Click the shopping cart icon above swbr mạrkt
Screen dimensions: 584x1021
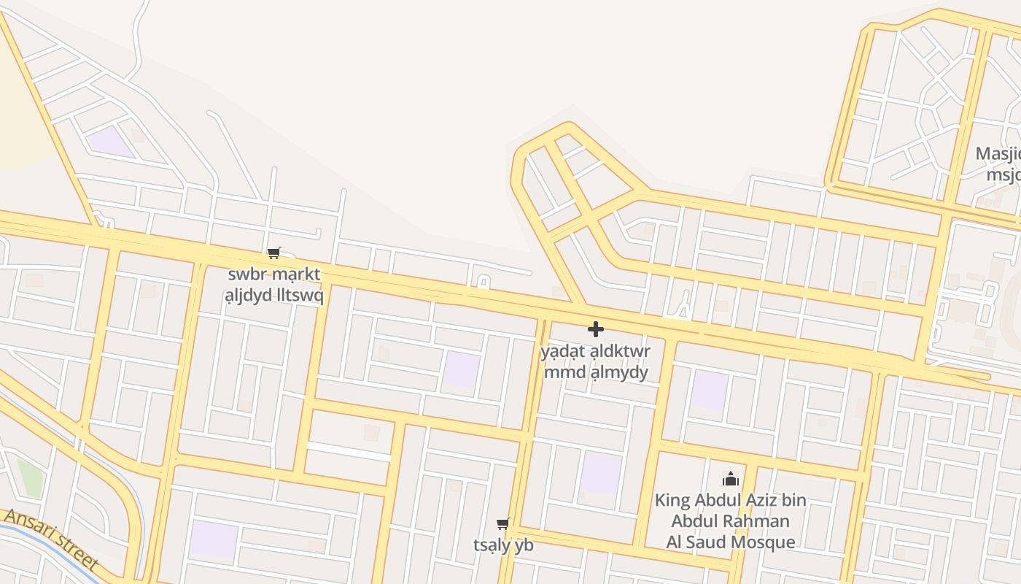click(273, 253)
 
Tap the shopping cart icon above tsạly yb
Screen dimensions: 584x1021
click(502, 523)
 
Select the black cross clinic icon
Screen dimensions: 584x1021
click(595, 329)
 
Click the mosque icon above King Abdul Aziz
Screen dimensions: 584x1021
click(730, 479)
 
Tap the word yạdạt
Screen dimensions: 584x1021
click(562, 352)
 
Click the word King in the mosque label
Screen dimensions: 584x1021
click(672, 501)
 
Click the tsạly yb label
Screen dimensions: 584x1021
click(503, 545)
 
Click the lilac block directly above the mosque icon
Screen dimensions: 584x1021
click(709, 389)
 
